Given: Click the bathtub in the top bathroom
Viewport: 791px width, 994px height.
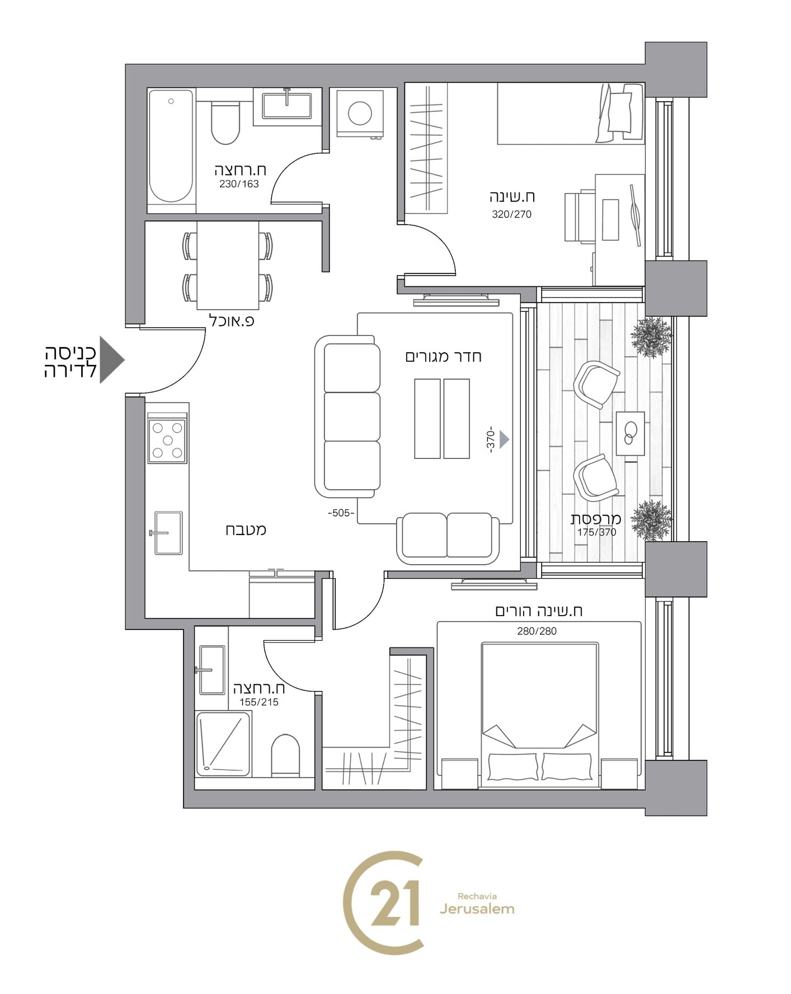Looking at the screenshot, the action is [x=171, y=148].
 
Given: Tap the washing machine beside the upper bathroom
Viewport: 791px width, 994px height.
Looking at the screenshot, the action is [x=360, y=113].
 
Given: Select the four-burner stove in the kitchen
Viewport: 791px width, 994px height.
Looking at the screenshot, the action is [x=167, y=441].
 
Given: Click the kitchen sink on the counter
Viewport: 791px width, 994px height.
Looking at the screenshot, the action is [x=167, y=533].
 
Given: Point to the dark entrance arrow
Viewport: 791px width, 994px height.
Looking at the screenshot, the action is [x=111, y=359].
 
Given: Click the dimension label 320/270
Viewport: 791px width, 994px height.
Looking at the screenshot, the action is [x=512, y=214].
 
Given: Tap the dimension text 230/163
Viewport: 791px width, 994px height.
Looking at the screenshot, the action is [x=239, y=184].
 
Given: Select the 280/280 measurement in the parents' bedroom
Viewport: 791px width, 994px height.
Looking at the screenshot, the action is [x=537, y=631].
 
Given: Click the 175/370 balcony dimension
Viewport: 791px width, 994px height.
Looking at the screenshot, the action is [x=597, y=532].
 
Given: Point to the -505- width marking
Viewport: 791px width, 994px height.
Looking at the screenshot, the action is [x=341, y=513].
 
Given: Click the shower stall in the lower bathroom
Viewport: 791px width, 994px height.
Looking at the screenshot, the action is [x=223, y=744].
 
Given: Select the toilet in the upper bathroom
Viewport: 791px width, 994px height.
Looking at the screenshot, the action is [x=225, y=121].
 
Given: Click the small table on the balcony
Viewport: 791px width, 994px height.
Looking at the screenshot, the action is [x=630, y=433].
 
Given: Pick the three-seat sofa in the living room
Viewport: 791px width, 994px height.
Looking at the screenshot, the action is [x=347, y=416].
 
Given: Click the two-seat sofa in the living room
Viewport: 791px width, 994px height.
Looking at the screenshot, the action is [x=448, y=539].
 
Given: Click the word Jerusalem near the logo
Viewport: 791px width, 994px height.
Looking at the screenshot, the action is [x=477, y=910].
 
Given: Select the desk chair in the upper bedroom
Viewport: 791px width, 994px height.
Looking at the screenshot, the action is [x=580, y=216].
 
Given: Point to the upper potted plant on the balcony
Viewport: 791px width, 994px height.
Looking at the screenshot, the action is [x=651, y=337].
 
